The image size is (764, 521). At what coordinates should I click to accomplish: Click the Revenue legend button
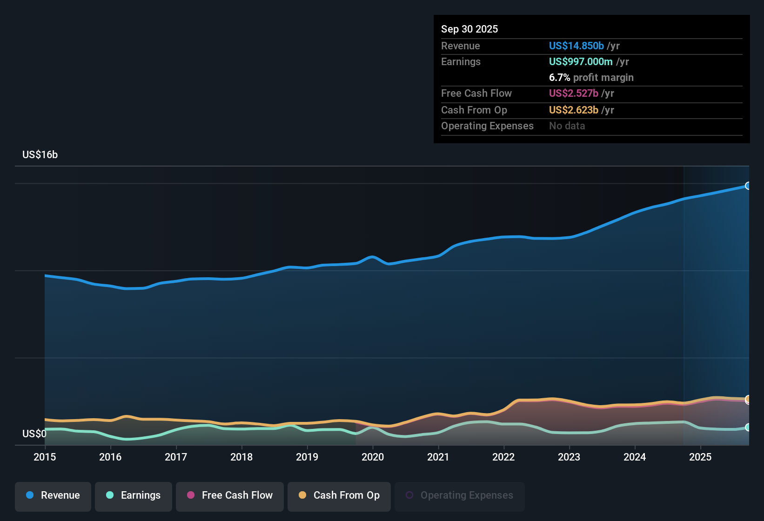pyautogui.click(x=53, y=496)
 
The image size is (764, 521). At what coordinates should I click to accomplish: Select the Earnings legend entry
pyautogui.click(x=134, y=496)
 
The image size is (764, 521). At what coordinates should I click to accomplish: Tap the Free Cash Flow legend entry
pyautogui.click(x=230, y=496)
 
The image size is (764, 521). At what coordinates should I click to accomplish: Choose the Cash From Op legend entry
pyautogui.click(x=339, y=496)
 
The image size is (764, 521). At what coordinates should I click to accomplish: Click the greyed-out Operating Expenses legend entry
pyautogui.click(x=460, y=496)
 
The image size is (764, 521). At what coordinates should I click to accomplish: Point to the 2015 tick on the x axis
pyautogui.click(x=45, y=457)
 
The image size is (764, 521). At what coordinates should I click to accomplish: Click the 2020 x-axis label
pyautogui.click(x=373, y=457)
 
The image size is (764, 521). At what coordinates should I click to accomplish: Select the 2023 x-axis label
pyautogui.click(x=569, y=457)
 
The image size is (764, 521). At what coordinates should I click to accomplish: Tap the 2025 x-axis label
pyautogui.click(x=700, y=457)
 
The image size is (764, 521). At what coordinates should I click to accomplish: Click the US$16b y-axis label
pyautogui.click(x=40, y=155)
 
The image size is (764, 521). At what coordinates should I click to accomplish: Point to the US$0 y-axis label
pyautogui.click(x=34, y=434)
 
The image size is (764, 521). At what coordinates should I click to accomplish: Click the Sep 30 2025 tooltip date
pyautogui.click(x=469, y=29)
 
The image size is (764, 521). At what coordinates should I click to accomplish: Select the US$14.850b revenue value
pyautogui.click(x=576, y=46)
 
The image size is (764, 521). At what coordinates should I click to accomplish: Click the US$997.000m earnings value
pyautogui.click(x=580, y=62)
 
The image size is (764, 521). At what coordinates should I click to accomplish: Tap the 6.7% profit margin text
pyautogui.click(x=591, y=78)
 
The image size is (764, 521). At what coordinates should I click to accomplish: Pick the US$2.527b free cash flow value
pyautogui.click(x=573, y=94)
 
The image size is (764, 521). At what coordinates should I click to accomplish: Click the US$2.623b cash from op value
pyautogui.click(x=573, y=110)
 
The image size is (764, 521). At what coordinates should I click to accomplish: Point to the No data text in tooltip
pyautogui.click(x=567, y=126)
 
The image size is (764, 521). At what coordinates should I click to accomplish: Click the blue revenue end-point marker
pyautogui.click(x=748, y=186)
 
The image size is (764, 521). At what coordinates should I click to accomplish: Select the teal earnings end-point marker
pyautogui.click(x=748, y=427)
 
